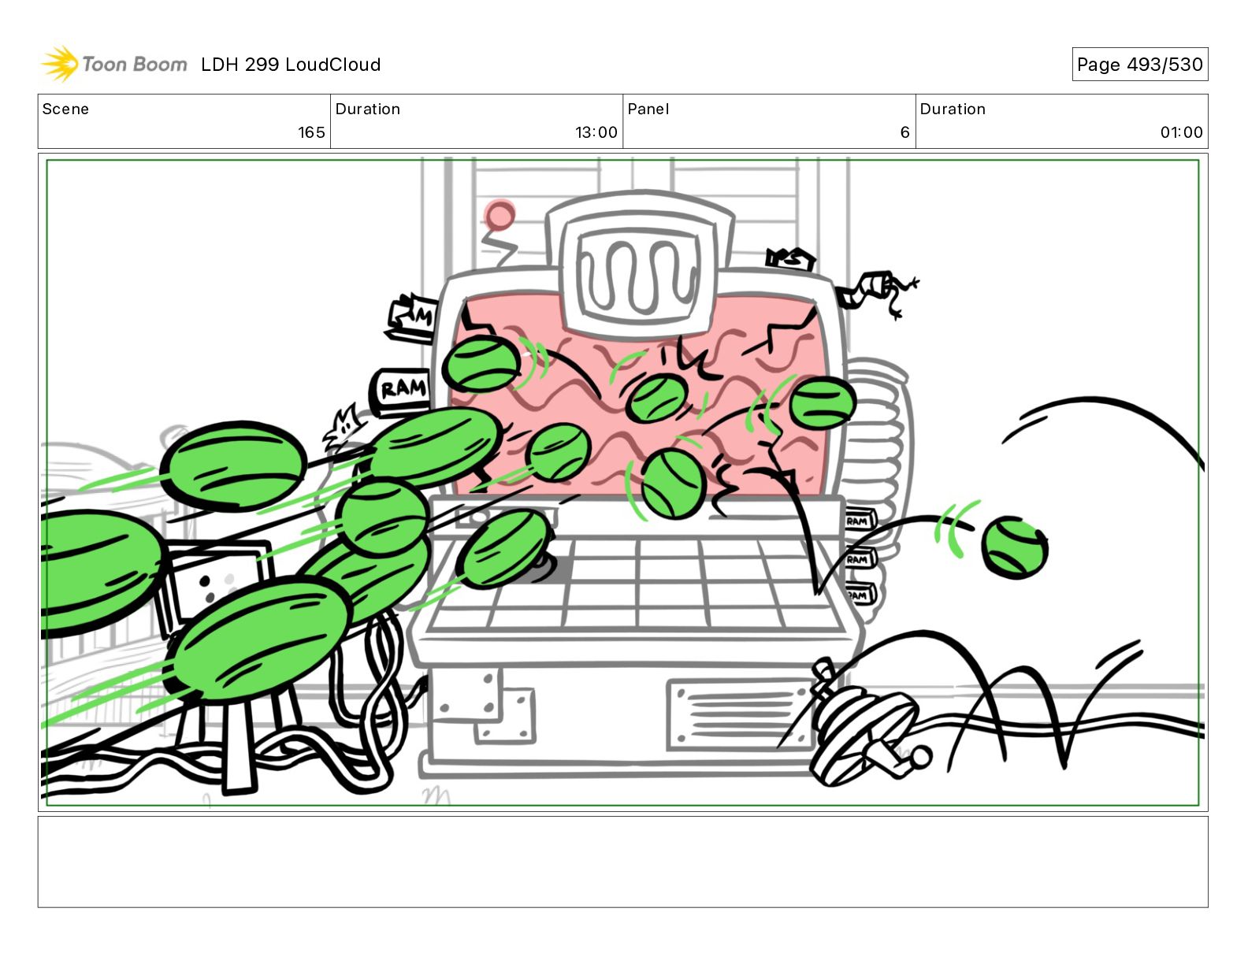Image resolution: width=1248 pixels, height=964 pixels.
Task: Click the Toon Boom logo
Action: click(x=114, y=64)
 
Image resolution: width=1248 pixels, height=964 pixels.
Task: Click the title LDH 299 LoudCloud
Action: click(x=290, y=65)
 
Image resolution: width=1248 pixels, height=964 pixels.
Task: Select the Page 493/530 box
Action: click(x=1139, y=65)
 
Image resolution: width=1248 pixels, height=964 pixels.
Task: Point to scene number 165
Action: click(x=311, y=132)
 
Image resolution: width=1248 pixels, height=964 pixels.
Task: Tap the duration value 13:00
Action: click(x=596, y=132)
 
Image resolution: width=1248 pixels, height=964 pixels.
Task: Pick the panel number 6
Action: click(x=904, y=132)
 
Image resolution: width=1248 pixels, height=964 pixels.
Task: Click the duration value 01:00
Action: click(x=1181, y=132)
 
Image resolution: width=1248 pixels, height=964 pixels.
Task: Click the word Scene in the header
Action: click(x=65, y=109)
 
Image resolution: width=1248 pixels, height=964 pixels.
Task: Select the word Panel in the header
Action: click(x=648, y=109)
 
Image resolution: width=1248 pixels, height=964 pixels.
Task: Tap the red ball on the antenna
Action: click(x=500, y=215)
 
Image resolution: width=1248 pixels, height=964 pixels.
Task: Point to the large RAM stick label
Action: click(x=402, y=390)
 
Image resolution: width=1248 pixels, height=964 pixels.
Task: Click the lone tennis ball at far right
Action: click(x=1014, y=547)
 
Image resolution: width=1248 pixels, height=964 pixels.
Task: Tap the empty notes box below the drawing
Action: click(x=622, y=862)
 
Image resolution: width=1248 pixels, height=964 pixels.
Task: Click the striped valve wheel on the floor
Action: click(x=863, y=732)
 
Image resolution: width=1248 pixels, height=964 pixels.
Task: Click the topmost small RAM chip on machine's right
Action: click(x=860, y=521)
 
